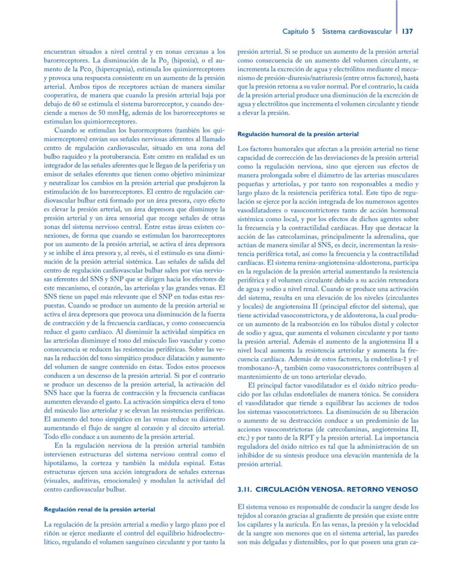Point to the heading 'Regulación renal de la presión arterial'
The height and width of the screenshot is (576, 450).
[99, 509]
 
